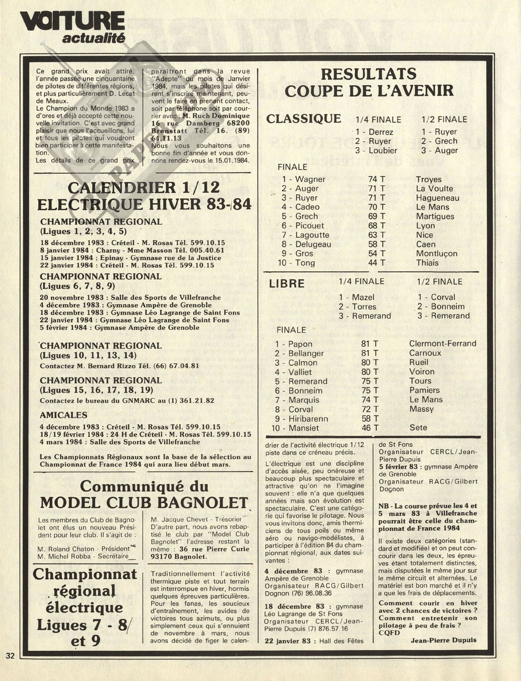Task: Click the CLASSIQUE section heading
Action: [x=304, y=119]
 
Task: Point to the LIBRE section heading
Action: [x=287, y=284]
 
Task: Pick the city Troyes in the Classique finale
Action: [x=428, y=179]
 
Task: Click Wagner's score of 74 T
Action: [x=376, y=179]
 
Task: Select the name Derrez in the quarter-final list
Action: [x=380, y=132]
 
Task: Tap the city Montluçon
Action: [x=437, y=254]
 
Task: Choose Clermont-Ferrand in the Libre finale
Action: [x=442, y=344]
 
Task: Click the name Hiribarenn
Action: [x=308, y=419]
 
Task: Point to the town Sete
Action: [x=418, y=428]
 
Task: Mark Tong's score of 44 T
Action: [x=376, y=263]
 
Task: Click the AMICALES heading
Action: [x=63, y=415]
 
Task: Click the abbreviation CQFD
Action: [x=389, y=633]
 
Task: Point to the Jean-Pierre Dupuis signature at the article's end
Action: [x=443, y=640]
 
